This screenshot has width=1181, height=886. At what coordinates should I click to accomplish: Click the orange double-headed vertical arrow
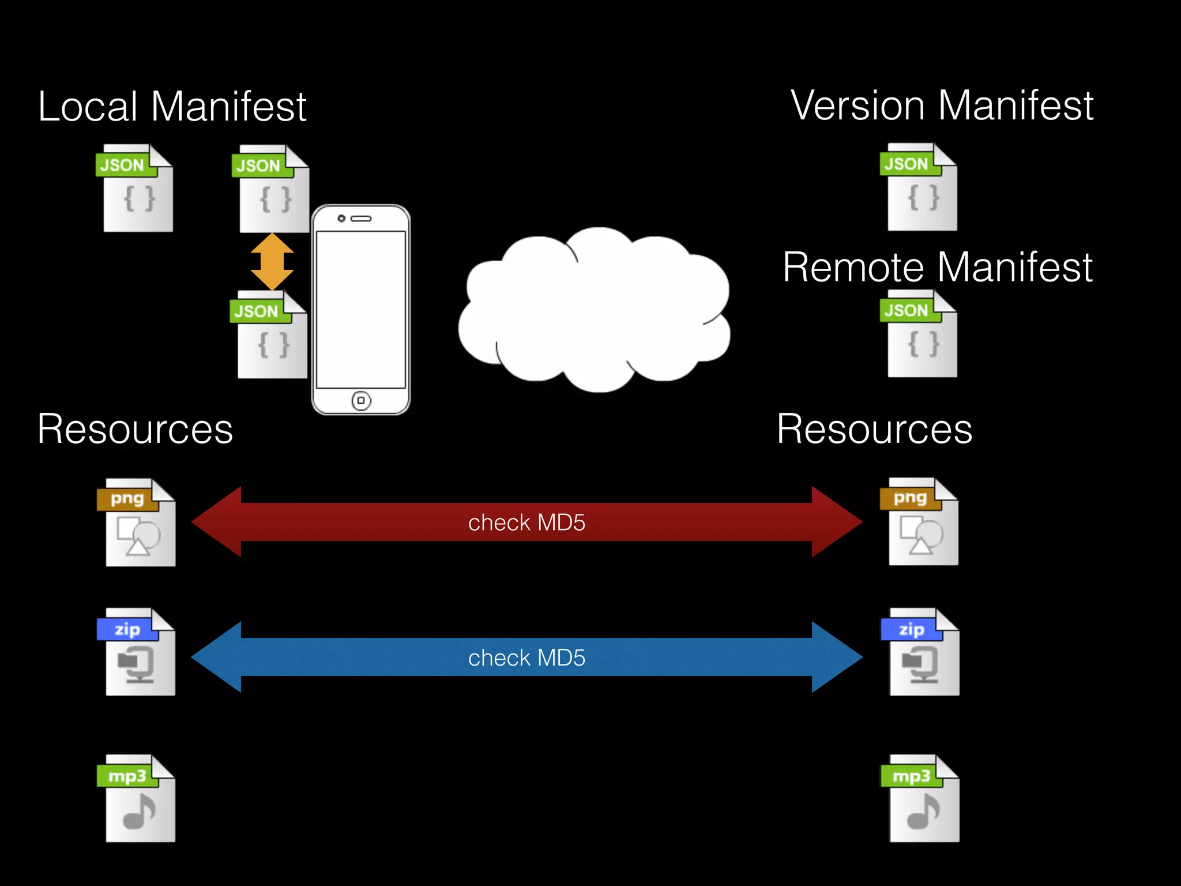pyautogui.click(x=272, y=261)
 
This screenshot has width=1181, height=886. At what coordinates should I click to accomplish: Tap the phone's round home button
pyautogui.click(x=361, y=400)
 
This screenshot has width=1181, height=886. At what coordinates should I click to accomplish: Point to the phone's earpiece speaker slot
pyautogui.click(x=362, y=219)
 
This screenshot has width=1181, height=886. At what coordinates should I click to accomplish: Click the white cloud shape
pyautogui.click(x=594, y=311)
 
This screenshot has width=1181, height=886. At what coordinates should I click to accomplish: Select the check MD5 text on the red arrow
pyautogui.click(x=526, y=523)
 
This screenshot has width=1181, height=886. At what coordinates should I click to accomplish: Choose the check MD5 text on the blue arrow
pyautogui.click(x=526, y=658)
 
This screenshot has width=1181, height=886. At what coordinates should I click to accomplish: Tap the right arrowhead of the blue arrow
pyautogui.click(x=836, y=657)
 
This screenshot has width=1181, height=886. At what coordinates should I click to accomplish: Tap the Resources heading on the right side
pyautogui.click(x=874, y=430)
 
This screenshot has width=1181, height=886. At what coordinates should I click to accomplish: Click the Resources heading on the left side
pyautogui.click(x=135, y=430)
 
